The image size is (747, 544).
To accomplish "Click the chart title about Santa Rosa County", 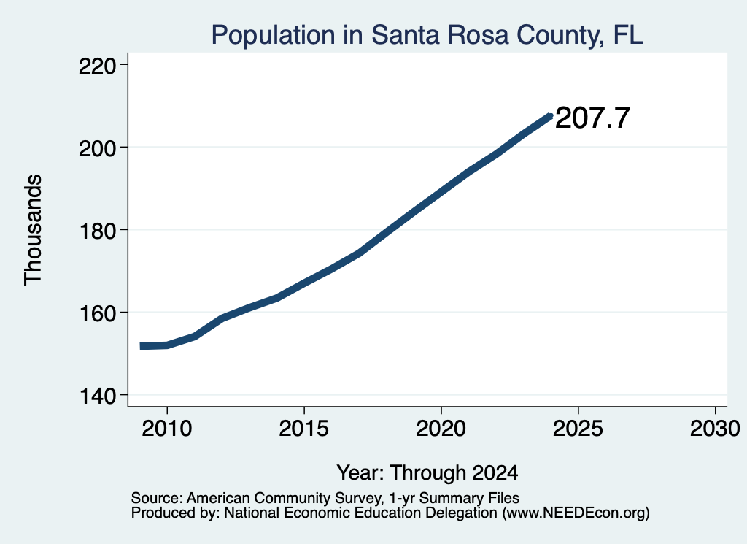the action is [x=427, y=35].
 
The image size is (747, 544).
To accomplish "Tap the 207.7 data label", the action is [x=592, y=118].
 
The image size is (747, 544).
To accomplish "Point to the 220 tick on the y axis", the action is [x=98, y=66].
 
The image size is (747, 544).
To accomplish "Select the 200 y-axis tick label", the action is [x=98, y=148].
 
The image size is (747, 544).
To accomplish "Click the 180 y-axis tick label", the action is [x=98, y=231].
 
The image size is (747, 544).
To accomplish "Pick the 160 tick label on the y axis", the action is [x=98, y=313].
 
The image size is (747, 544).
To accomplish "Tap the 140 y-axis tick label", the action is [x=98, y=396].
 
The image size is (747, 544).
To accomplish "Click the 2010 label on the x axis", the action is [x=167, y=428].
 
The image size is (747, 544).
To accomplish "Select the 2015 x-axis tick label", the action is [x=304, y=428].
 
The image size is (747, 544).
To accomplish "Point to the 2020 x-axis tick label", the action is [x=441, y=428].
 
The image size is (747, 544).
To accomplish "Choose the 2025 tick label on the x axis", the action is [x=578, y=428].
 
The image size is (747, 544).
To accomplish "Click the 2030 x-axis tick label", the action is [x=715, y=428].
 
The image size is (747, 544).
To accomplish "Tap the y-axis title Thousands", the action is [x=33, y=230].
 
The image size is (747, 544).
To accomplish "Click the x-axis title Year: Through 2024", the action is [x=427, y=472].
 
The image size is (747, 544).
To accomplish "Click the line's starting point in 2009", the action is [x=141, y=346].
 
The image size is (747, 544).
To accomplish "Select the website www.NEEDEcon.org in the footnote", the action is [x=577, y=513].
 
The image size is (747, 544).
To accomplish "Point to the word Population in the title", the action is [x=274, y=35].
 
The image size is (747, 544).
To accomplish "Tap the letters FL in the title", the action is [x=628, y=34].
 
